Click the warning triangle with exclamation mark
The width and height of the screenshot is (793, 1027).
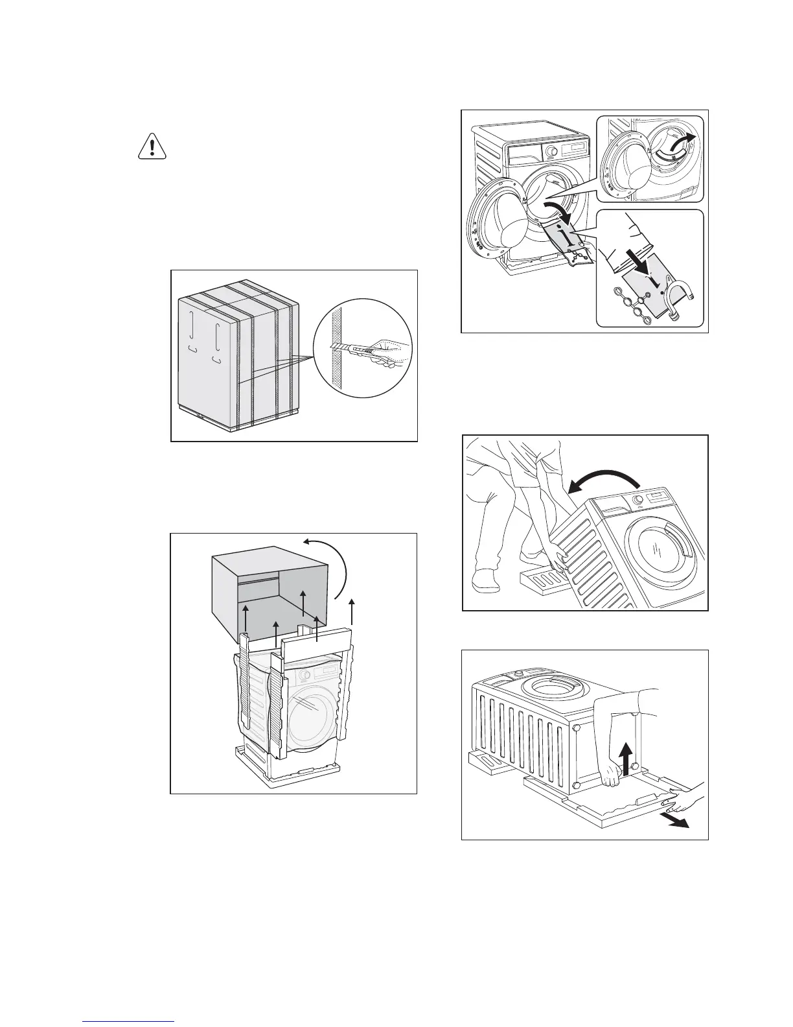(x=152, y=148)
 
